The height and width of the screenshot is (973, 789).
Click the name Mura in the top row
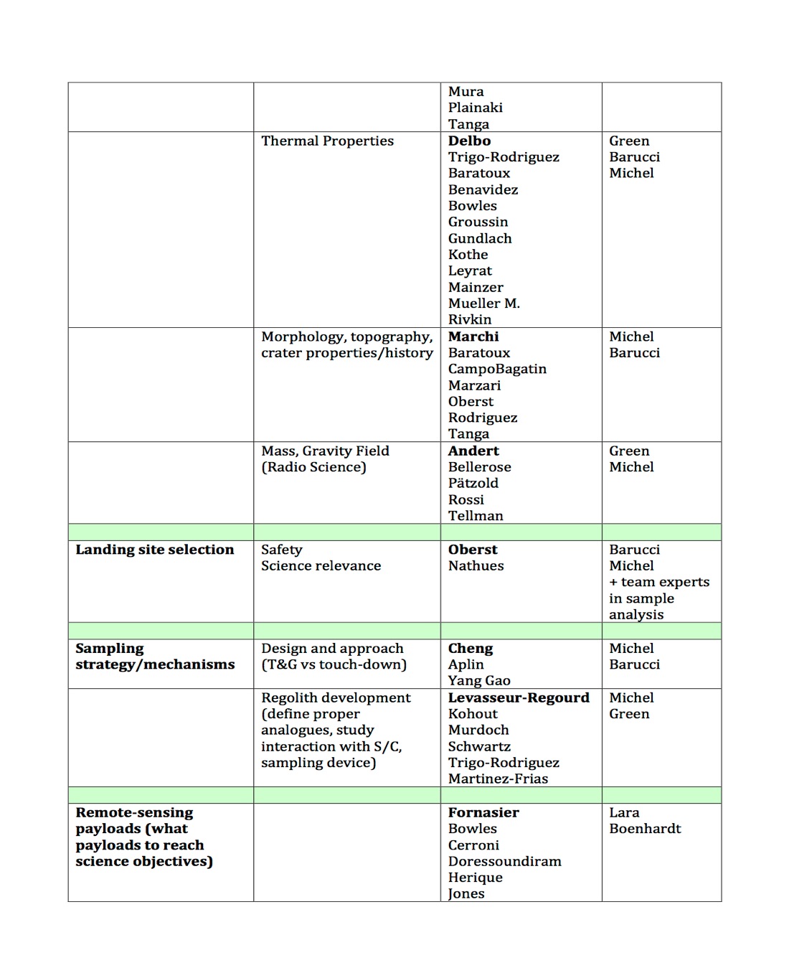[466, 92]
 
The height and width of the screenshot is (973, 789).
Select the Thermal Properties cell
[327, 141]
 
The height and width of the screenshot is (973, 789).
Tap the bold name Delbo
[469, 141]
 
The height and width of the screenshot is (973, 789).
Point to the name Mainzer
[476, 287]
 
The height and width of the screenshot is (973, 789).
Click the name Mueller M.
[483, 304]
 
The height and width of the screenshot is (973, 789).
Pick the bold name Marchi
[473, 337]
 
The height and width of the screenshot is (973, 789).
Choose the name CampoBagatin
[497, 369]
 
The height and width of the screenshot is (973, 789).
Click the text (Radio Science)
[313, 467]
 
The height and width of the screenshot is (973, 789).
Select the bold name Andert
[473, 451]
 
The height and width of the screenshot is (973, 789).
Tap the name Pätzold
[473, 484]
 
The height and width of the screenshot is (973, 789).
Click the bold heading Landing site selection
[155, 550]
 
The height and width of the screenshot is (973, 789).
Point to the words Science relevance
[321, 566]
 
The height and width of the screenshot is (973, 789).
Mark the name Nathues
[476, 566]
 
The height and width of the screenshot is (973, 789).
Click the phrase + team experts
[659, 582]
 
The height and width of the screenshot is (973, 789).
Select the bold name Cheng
[471, 649]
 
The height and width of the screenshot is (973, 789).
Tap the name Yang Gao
[479, 681]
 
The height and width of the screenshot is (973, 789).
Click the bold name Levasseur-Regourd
[519, 698]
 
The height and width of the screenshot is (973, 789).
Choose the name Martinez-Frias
[498, 779]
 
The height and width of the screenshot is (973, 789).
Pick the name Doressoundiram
[504, 862]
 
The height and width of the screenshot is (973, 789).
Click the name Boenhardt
[645, 829]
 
